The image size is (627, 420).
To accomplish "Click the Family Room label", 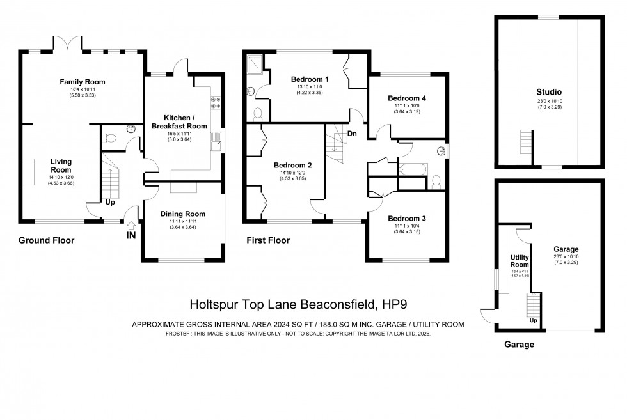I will coord(83,82).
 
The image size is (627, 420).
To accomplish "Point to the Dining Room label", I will coord(182,214).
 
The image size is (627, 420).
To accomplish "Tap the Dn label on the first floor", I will coord(352,133).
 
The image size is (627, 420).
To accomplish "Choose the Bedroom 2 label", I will coord(291,163).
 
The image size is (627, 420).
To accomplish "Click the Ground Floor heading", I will coord(46,241).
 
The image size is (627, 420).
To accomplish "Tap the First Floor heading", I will coord(268,241).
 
